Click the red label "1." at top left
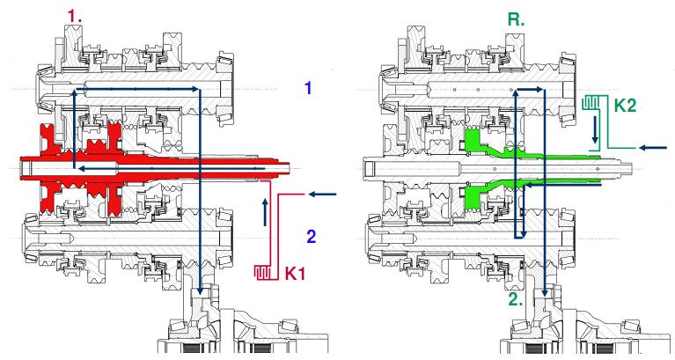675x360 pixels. coord(75,17)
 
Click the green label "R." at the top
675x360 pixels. coord(517,19)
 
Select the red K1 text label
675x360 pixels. coord(295,273)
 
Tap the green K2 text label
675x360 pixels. coord(625,105)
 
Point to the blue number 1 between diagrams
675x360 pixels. coord(308,88)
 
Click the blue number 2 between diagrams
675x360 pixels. coord(311,237)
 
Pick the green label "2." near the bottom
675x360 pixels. coord(516,298)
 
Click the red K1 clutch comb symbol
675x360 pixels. coord(261,272)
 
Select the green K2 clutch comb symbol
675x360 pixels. coord(591,102)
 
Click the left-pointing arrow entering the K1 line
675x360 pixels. coord(322,195)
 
